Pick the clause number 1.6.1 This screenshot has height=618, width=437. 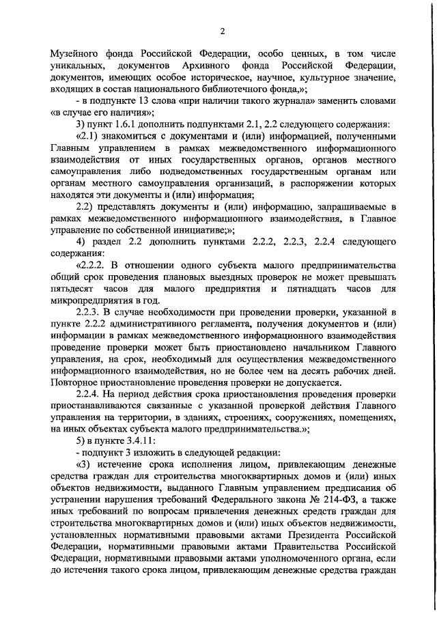point(122,126)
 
